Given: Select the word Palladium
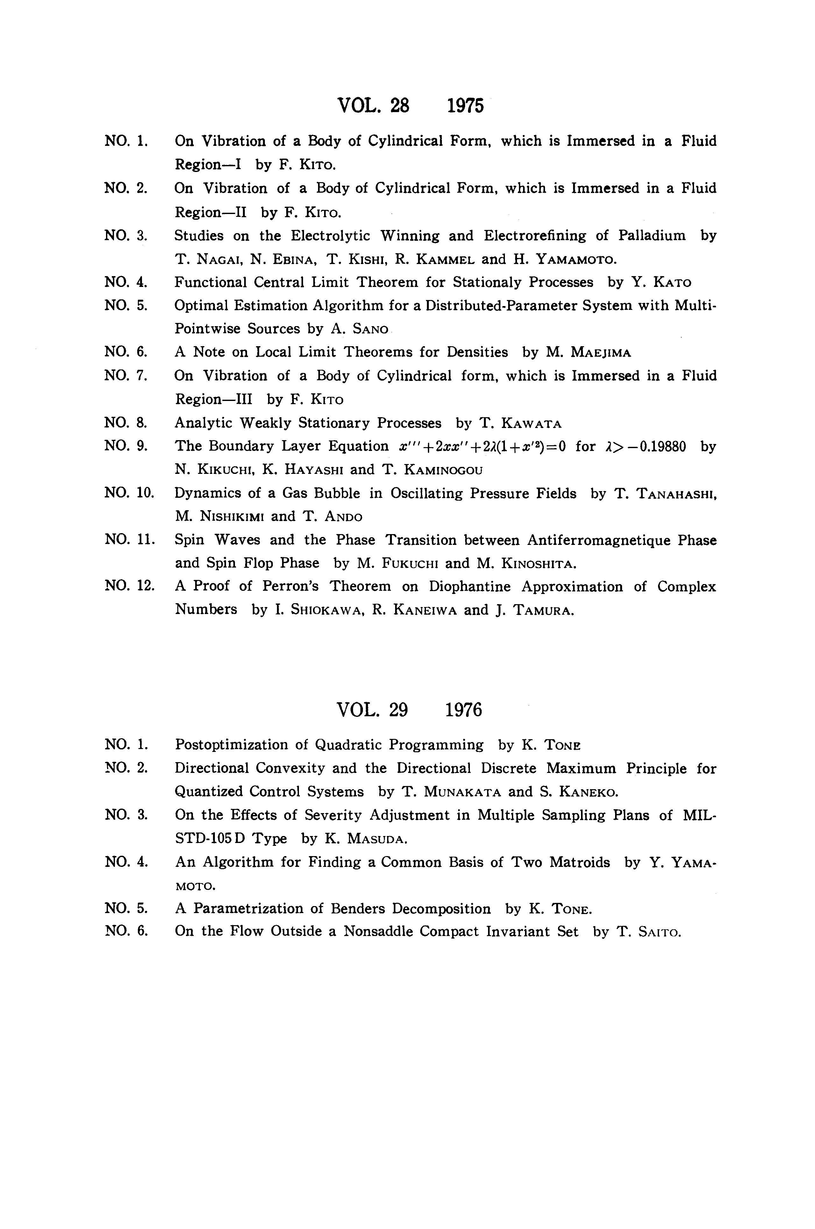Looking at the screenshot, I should pos(652,236).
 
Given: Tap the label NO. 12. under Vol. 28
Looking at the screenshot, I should pos(130,586).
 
